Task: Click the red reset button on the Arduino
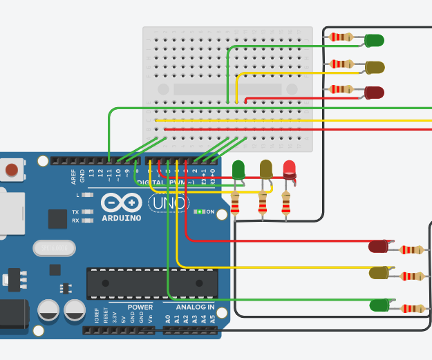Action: [x=12, y=169]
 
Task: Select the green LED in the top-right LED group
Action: [x=374, y=40]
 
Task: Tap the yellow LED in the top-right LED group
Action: [x=374, y=67]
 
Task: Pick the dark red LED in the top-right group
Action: [x=373, y=92]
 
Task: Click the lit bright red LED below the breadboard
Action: [x=289, y=169]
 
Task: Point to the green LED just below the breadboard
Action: [x=238, y=169]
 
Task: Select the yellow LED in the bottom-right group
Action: [x=379, y=273]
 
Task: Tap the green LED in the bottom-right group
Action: [x=379, y=305]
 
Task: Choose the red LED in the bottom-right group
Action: [x=378, y=246]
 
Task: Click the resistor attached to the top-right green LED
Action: [x=341, y=37]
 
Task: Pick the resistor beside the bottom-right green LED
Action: [x=413, y=309]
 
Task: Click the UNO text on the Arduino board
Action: [x=169, y=202]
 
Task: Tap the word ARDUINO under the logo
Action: [x=121, y=218]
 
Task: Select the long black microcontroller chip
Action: [x=152, y=283]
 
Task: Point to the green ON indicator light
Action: [x=199, y=211]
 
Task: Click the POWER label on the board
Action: [x=140, y=307]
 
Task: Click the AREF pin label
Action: [x=73, y=176]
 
